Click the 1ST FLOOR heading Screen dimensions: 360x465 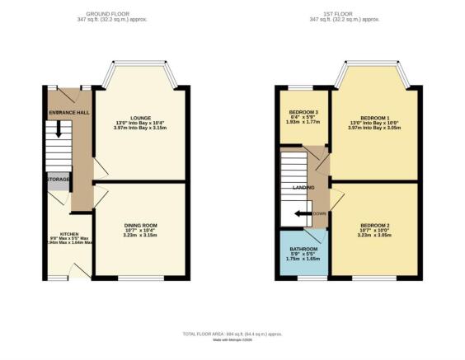(350, 12)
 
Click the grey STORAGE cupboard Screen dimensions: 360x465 (58, 180)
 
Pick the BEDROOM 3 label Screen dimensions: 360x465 (303, 112)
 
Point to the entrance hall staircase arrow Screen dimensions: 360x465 (58, 130)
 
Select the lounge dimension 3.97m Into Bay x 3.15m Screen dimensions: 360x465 (142, 128)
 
